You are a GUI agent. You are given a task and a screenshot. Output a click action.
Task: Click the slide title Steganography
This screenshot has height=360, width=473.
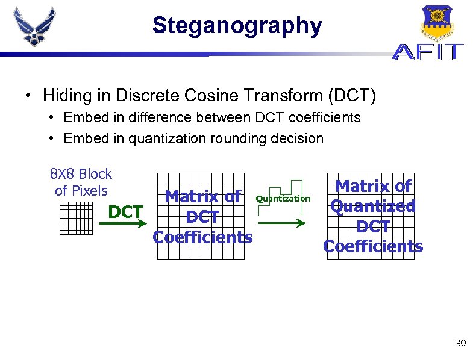237,26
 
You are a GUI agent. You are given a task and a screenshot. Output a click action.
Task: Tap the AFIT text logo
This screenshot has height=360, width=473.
428,52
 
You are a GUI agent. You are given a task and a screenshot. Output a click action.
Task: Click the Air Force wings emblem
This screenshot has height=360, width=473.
35,27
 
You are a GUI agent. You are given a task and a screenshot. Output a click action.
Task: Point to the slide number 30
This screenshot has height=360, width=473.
460,344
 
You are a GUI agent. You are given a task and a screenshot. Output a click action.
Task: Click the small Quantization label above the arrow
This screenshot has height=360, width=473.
283,199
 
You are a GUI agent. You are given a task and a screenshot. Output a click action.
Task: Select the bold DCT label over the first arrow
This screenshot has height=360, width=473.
125,212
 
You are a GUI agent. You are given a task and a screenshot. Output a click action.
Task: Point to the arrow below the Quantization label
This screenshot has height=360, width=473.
282,223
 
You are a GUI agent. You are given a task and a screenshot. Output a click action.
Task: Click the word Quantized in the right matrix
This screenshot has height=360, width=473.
373,206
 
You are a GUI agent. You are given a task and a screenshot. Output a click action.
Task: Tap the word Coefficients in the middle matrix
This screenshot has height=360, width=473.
203,237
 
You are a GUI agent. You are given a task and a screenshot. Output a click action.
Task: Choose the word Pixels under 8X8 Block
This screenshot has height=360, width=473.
90,191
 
